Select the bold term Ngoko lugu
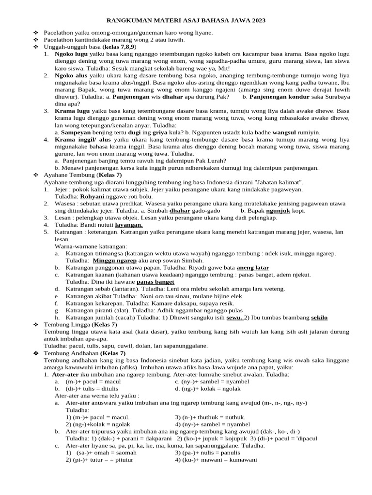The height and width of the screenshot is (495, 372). (71, 55)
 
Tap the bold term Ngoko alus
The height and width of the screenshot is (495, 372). (70, 76)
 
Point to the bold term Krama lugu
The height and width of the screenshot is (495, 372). (71, 111)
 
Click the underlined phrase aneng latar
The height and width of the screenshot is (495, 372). (253, 267)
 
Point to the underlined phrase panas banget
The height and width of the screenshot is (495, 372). (155, 281)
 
